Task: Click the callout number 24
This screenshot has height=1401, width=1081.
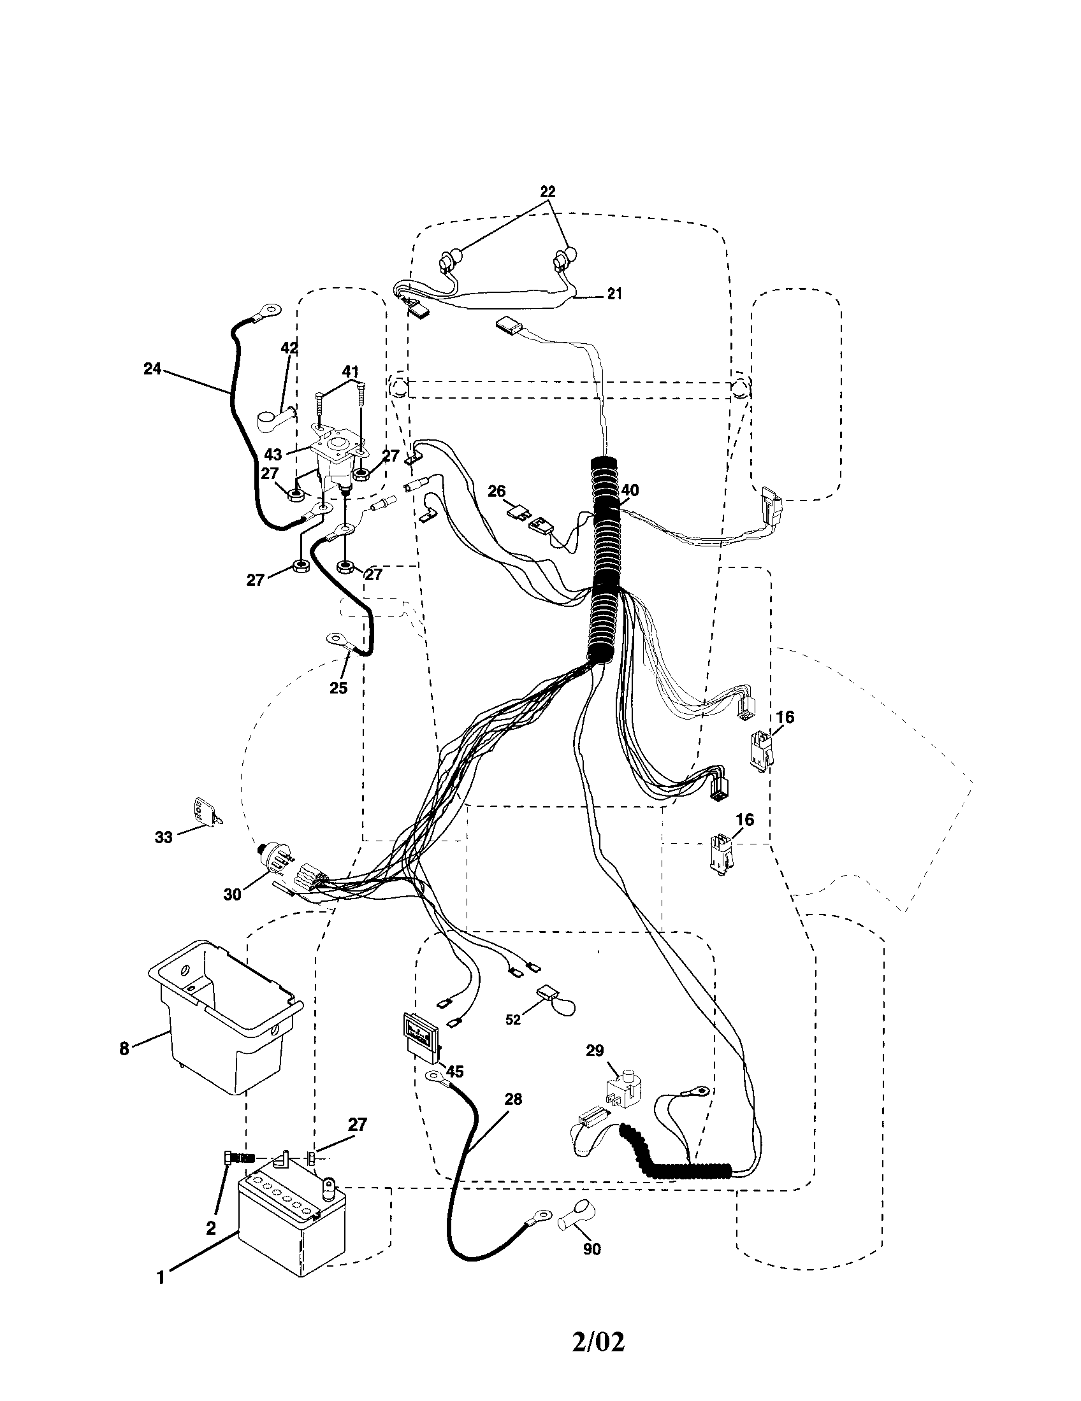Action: tap(152, 369)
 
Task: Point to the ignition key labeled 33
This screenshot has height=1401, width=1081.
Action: tap(205, 813)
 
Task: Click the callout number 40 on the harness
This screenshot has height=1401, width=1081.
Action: tap(630, 490)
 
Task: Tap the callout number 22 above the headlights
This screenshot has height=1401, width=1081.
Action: tap(548, 191)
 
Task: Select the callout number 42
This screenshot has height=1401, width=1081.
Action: tap(289, 348)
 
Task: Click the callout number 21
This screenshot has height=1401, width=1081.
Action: tap(614, 294)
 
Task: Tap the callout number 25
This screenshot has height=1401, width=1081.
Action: tap(338, 688)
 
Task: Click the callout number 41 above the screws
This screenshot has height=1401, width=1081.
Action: tap(350, 371)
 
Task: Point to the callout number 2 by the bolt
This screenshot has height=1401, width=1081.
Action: tap(210, 1228)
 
